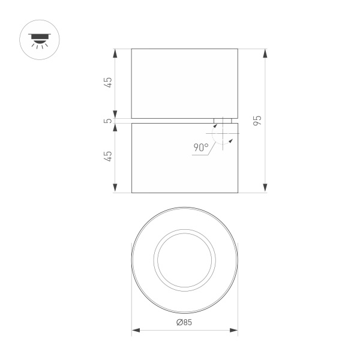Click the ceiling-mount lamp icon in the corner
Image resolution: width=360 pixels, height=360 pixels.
[x=40, y=41]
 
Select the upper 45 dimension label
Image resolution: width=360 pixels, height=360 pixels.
[x=108, y=83]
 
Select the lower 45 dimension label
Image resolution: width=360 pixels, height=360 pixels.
[x=108, y=156]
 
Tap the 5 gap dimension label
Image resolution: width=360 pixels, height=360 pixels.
[x=108, y=121]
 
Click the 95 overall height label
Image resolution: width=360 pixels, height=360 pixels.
[x=257, y=120]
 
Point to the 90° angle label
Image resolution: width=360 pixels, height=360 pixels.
[x=201, y=147]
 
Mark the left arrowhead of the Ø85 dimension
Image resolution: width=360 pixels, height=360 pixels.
[x=135, y=330]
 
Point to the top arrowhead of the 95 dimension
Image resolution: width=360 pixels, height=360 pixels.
[x=265, y=52]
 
